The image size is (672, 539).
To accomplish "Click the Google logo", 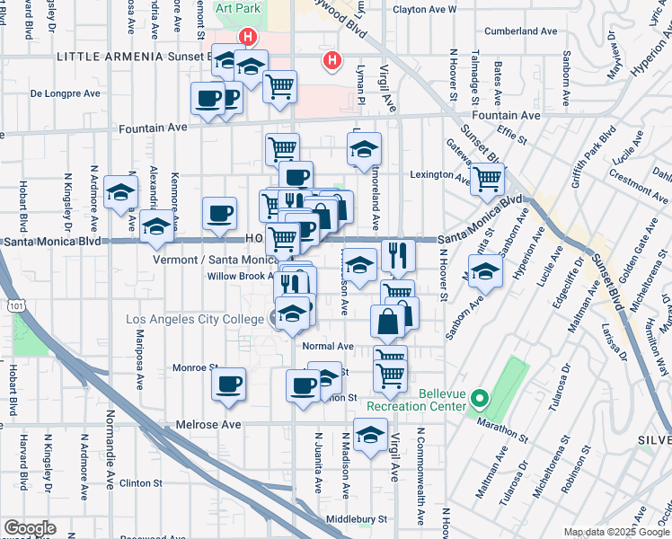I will pyautogui.click(x=30, y=528).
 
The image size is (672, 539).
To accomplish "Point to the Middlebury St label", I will pyautogui.click(x=356, y=519).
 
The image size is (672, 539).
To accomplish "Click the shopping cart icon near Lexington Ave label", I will pyautogui.click(x=486, y=179).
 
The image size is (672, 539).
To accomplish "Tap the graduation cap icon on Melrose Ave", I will pyautogui.click(x=369, y=436).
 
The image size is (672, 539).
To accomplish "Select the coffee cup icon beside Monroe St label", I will pyautogui.click(x=228, y=384).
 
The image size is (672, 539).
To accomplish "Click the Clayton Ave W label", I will pyautogui.click(x=425, y=10).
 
